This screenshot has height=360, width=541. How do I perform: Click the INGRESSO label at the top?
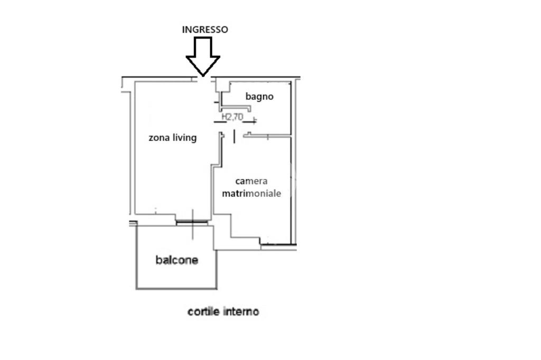coord(205,30)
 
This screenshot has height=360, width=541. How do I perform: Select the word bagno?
coord(259,97)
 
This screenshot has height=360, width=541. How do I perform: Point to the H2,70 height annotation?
coord(232,117)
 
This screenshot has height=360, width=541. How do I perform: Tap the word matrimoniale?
coord(251,194)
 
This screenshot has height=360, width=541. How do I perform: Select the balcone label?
coord(176,260)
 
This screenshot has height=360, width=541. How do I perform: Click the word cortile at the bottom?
coord(203,312)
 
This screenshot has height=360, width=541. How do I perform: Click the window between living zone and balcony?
coord(192,222)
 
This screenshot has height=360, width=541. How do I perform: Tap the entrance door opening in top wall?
coord(202,79)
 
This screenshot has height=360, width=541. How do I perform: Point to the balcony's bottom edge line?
coord(176,289)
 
